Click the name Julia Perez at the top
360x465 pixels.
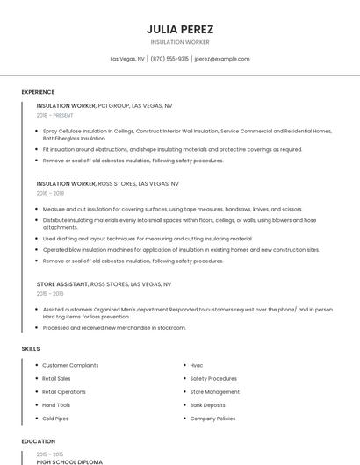(180, 29)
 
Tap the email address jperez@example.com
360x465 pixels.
(222, 59)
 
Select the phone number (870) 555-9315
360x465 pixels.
(169, 59)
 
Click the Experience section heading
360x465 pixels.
(38, 92)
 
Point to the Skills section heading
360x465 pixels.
(31, 349)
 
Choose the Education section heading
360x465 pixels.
(39, 441)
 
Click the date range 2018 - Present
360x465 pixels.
(54, 115)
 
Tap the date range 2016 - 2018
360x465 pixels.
(50, 193)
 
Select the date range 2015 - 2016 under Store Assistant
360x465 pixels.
(50, 294)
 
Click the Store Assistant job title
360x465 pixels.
(62, 284)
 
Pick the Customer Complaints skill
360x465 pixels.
(70, 365)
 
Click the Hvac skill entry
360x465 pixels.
(197, 365)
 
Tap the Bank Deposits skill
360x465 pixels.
(207, 405)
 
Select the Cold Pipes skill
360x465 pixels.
(57, 418)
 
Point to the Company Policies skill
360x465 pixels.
(212, 418)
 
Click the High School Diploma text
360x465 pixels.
(69, 461)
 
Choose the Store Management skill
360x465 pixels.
(214, 392)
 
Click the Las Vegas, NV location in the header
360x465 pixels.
(127, 59)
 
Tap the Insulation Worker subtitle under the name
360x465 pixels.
(180, 41)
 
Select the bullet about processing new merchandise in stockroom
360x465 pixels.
(114, 328)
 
